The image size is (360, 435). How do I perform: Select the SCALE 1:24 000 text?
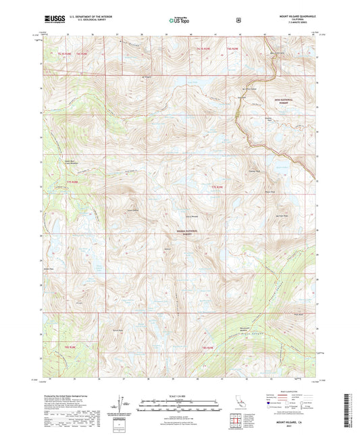click(x=180, y=395)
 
